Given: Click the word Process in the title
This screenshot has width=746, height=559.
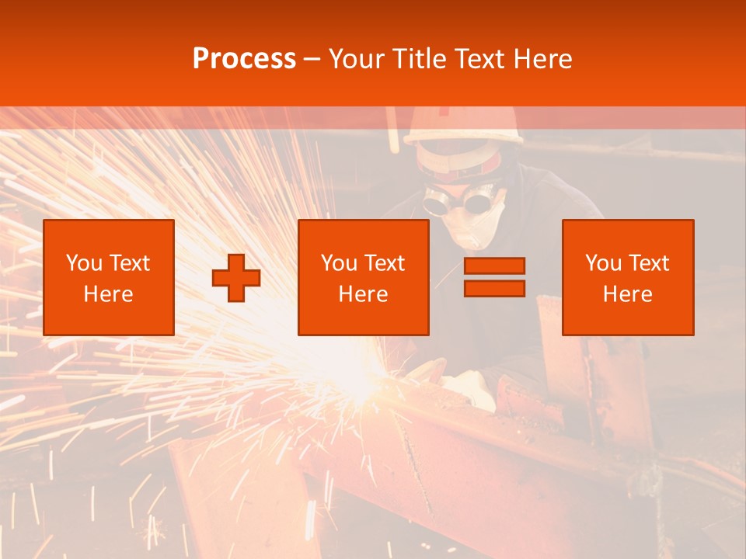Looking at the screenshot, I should coord(244,58).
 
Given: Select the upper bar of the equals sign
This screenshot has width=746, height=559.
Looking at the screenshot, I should coord(494,266).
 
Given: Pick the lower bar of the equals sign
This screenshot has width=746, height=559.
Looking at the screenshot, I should coord(494,288).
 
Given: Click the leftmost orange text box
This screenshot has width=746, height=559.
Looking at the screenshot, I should coord(109,277).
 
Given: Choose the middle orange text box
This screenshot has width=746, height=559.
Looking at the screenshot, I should coord(363,277).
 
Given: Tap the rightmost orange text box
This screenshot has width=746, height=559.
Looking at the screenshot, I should coord(628,277).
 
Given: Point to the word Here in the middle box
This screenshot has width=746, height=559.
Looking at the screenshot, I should coord(363,294).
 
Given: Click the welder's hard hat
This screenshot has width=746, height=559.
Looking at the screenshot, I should coord(465,124).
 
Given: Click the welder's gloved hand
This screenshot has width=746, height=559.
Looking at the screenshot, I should coord(471,386).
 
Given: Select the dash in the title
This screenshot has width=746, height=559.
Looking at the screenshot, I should coord(312,59).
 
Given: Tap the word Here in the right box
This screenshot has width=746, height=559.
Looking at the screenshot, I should coord(628,294).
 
